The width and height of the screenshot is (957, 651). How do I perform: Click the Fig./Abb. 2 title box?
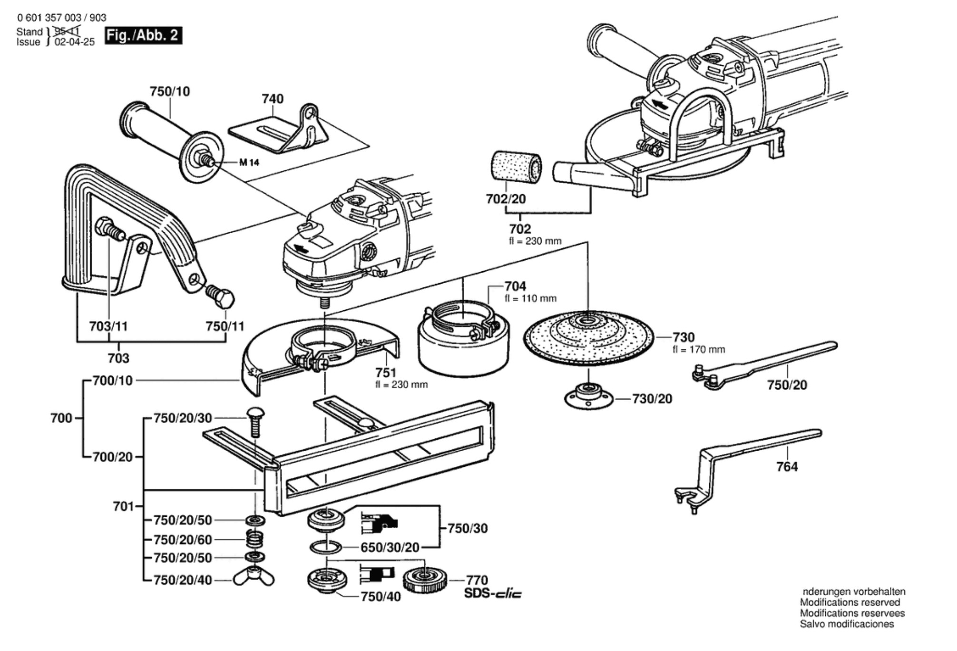143,35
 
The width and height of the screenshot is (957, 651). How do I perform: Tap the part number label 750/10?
170,91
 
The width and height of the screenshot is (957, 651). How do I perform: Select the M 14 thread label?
249,163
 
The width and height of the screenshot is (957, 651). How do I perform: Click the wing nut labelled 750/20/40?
254,578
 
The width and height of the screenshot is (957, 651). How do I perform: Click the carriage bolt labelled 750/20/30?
256,421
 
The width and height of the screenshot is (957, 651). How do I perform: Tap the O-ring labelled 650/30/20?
325,547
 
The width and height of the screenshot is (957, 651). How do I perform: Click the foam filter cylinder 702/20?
516,168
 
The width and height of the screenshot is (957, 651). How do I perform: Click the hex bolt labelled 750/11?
221,297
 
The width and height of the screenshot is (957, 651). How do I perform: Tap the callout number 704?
515,286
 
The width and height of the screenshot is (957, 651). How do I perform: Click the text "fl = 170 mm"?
699,349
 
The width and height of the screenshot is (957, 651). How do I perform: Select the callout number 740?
273,99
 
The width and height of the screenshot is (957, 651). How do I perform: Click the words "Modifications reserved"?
850,602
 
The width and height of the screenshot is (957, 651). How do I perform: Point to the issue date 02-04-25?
75,42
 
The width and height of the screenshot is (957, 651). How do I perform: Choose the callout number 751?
385,372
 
